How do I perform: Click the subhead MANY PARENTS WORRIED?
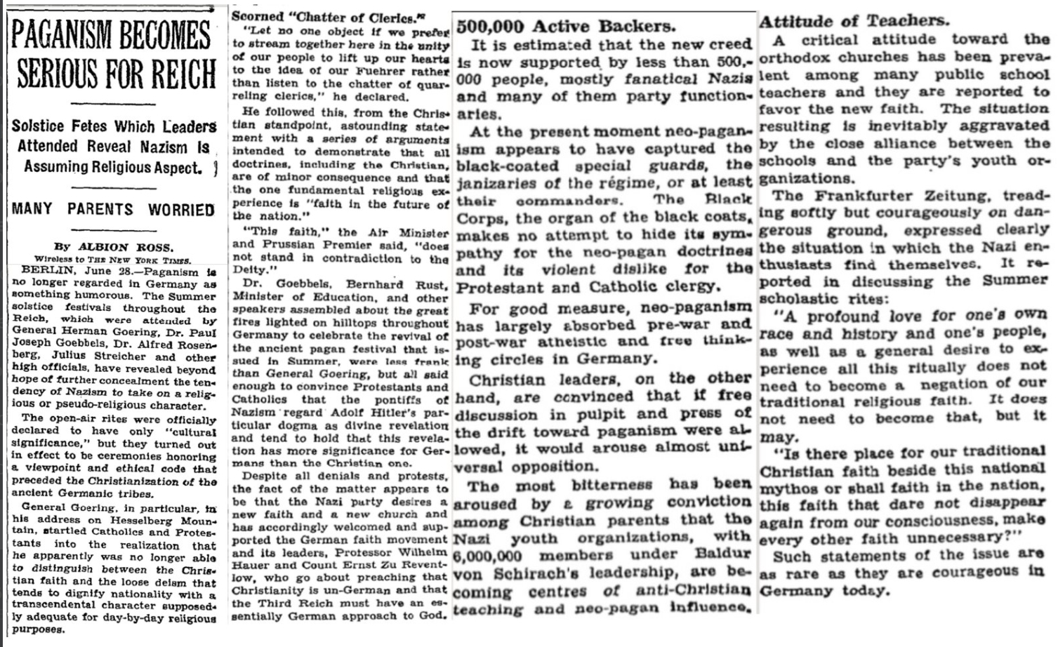pyautogui.click(x=113, y=209)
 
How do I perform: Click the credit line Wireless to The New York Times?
pyautogui.click(x=112, y=259)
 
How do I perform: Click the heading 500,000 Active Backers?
pyautogui.click(x=565, y=27)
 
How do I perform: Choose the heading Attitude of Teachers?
pyautogui.click(x=853, y=21)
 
